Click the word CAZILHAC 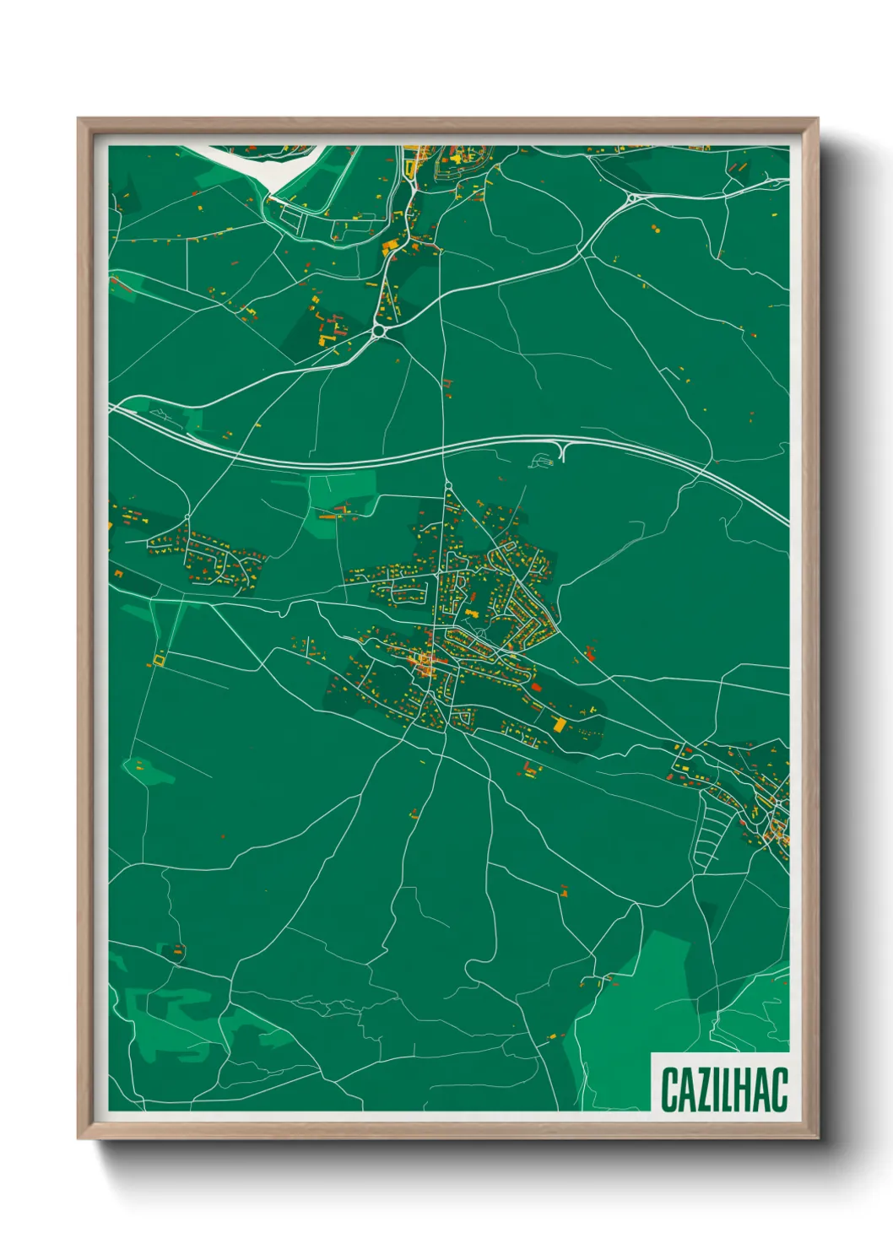[723, 1089]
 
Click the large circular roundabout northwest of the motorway [380, 331]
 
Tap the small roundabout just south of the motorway [447, 486]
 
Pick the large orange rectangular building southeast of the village [559, 724]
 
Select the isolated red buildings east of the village [589, 652]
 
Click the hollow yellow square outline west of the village [159, 658]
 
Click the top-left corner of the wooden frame [79, 120]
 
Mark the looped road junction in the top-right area [632, 199]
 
